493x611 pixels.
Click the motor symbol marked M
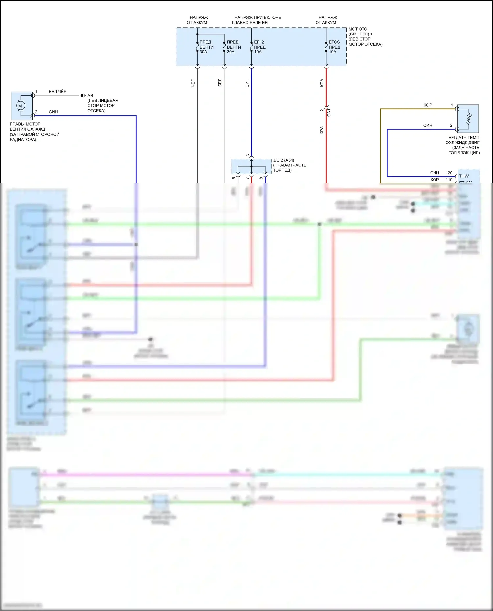pos(20,106)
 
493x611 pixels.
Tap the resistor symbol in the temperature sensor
pos(469,119)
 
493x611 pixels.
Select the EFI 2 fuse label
pos(259,42)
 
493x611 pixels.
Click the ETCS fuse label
pos(334,42)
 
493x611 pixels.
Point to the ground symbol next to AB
pos(83,96)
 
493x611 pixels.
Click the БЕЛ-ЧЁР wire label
pos(58,92)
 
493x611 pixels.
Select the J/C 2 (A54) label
pos(284,160)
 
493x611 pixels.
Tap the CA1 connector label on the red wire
pos(329,112)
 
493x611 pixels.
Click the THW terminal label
pos(464,176)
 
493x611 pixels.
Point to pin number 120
pos(449,173)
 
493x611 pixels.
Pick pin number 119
pos(449,180)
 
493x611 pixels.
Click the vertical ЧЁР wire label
pos(193,83)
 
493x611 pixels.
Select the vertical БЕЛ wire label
pos(220,83)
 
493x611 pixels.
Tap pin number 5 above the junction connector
pos(247,155)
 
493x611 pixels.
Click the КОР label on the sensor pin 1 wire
pos(428,105)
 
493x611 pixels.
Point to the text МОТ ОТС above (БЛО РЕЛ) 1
pos(358,29)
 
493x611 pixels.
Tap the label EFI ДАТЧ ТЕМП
pos(463,138)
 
